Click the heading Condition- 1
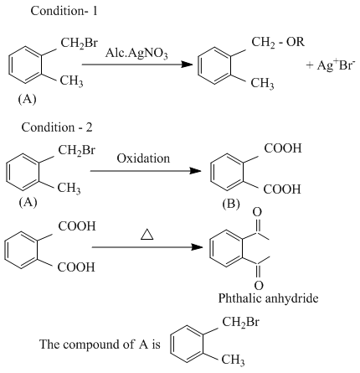coord(64,11)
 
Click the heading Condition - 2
coord(57,127)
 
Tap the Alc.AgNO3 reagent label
coord(136,53)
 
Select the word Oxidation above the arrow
coord(143,158)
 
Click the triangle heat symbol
coord(147,234)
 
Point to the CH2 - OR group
coord(278,43)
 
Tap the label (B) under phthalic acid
coord(231,204)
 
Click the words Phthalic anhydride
coord(268,298)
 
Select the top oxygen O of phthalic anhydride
coord(257,212)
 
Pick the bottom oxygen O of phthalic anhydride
coord(259,286)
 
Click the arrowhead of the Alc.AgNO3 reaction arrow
coord(187,65)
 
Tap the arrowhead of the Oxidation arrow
coord(195,171)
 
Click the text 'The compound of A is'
coord(100,344)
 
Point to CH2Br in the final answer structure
coord(240,322)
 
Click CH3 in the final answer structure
coord(233,360)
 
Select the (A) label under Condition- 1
coord(27,99)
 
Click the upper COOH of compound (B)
coord(283,148)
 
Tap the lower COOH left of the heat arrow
coord(76,267)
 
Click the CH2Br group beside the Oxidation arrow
coord(76,151)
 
